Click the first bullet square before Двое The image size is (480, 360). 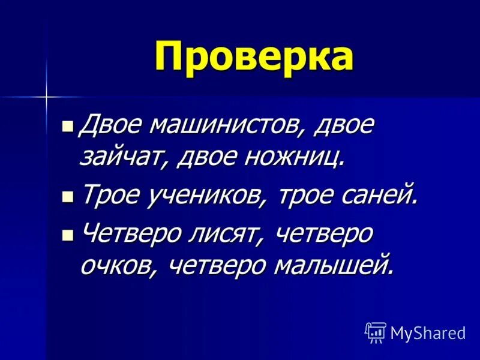pyautogui.click(x=68, y=127)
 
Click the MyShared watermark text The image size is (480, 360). pyautogui.click(x=428, y=333)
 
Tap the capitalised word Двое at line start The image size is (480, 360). pyautogui.click(x=111, y=125)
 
